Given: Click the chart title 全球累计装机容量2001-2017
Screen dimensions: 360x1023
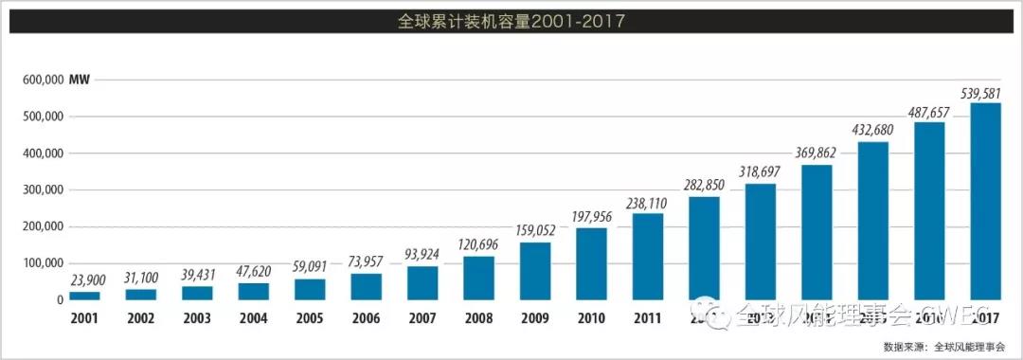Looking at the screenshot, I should [x=511, y=20].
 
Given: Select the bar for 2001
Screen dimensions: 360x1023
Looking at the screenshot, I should [x=84, y=296].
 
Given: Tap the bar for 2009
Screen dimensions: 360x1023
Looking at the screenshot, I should [x=536, y=272].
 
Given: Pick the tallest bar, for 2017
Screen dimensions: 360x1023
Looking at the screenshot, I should [x=986, y=202].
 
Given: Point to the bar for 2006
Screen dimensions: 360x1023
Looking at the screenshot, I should [x=366, y=287].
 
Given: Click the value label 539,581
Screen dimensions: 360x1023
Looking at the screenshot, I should [x=985, y=92].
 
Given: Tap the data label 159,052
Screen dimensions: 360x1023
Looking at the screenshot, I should [x=535, y=230].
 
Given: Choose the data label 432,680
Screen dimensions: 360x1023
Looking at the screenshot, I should [x=872, y=129].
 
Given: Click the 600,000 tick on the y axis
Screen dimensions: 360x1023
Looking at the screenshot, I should [x=41, y=80].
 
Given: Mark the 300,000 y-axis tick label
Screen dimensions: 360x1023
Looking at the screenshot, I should [x=41, y=189].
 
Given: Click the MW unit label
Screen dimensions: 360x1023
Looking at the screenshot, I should [x=80, y=80].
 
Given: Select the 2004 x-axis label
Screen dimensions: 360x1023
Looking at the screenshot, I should [x=253, y=317].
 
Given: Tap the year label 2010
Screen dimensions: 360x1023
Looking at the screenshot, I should [x=591, y=317].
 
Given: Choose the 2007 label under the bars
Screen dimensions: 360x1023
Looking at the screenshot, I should [x=422, y=317].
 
